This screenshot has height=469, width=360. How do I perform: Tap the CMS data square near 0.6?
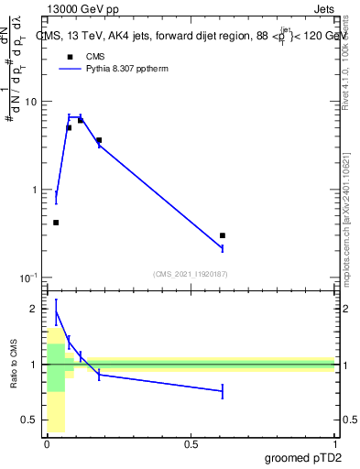click(x=223, y=235)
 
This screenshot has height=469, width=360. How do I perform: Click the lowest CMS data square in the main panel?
click(x=56, y=223)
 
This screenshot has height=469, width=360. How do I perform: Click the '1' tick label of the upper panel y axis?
click(x=36, y=190)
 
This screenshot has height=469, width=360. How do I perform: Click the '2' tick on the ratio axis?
click(x=36, y=309)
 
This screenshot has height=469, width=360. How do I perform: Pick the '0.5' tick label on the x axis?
click(x=191, y=443)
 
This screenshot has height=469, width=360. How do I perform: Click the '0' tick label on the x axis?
click(x=47, y=443)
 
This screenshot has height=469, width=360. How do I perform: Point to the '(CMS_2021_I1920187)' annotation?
click(x=191, y=273)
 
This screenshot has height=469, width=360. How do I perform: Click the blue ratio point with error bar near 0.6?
click(x=223, y=391)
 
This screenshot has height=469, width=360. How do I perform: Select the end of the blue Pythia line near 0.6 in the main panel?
click(x=223, y=248)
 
